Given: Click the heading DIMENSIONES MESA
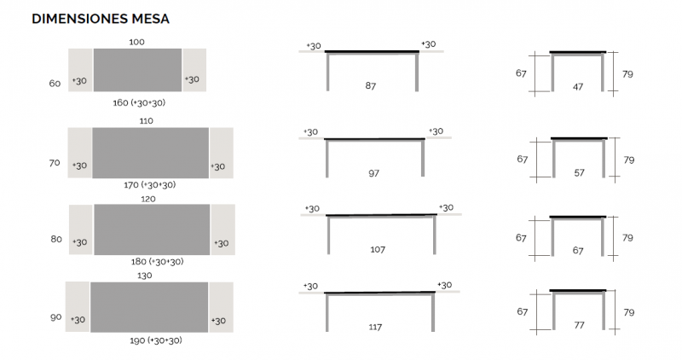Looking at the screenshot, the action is click(x=101, y=19).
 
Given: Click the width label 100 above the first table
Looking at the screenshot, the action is click(x=136, y=42).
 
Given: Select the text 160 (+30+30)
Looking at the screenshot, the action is click(x=139, y=102).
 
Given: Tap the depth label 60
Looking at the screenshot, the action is click(x=55, y=83).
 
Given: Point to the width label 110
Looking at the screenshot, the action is click(x=146, y=120).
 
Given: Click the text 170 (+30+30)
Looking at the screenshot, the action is click(x=150, y=185).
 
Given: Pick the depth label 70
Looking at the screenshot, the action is click(x=55, y=163).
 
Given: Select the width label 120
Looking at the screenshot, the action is click(x=147, y=199).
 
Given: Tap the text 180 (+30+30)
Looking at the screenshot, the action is click(x=158, y=262).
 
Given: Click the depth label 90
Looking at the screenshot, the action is click(x=55, y=317).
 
